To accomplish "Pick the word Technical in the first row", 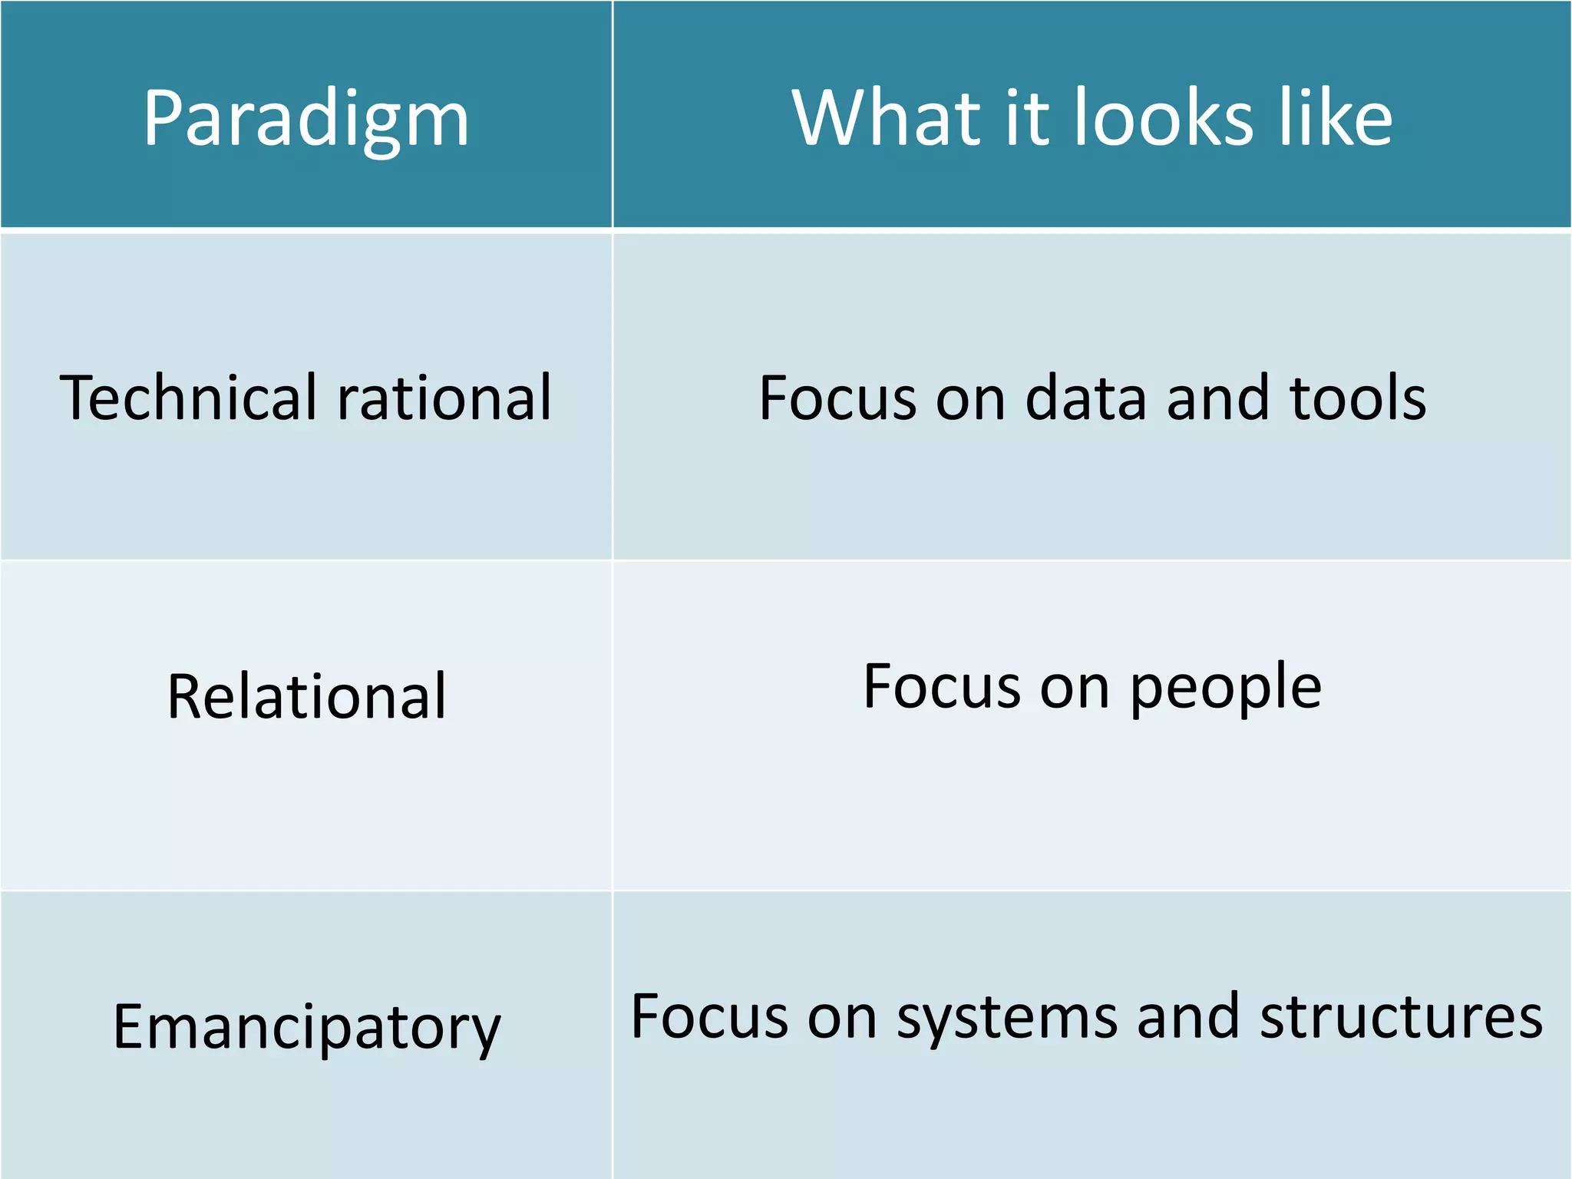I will tap(187, 397).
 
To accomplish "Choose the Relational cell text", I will tap(306, 695).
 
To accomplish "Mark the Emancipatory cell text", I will tap(306, 1027).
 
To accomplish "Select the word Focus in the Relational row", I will tap(941, 686).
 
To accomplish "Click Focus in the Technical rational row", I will tap(837, 398).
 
